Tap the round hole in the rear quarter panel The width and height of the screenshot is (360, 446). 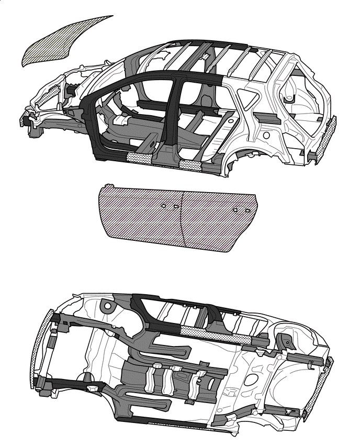[266, 135]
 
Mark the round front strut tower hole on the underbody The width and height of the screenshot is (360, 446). [108, 305]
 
